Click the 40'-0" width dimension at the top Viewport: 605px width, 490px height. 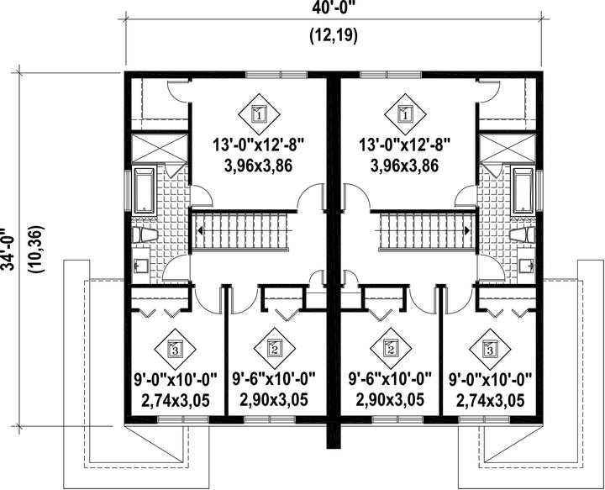click(x=334, y=8)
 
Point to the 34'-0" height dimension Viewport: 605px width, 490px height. click(x=8, y=250)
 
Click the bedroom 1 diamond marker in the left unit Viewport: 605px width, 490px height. click(x=259, y=114)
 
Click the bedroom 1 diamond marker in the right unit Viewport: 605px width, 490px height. click(x=405, y=114)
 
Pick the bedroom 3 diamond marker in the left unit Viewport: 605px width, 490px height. click(x=175, y=349)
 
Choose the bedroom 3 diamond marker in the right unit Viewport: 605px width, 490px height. click(x=490, y=349)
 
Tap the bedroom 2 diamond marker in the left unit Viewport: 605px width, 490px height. click(x=275, y=349)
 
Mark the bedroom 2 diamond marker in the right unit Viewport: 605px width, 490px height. click(x=391, y=349)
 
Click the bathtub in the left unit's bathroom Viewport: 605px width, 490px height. click(x=145, y=190)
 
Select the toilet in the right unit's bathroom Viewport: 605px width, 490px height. click(x=522, y=234)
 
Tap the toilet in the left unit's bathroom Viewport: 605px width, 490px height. click(x=145, y=234)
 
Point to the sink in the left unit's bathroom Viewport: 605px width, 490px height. click(x=141, y=266)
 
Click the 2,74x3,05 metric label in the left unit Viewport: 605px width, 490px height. click(x=176, y=400)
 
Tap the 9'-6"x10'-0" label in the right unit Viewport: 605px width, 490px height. click(x=390, y=379)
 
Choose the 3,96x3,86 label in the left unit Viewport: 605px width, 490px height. click(x=258, y=166)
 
